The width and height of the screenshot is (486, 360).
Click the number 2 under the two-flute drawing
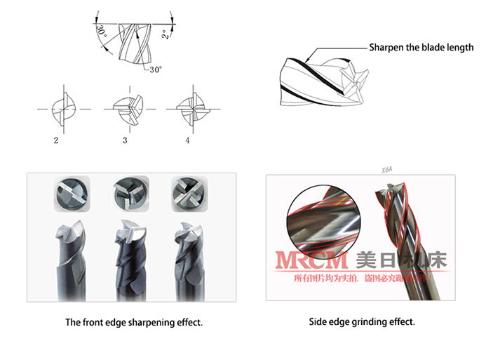(x=55, y=140)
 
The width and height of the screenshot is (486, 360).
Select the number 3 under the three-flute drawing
(x=125, y=140)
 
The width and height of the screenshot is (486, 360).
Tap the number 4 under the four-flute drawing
(x=187, y=140)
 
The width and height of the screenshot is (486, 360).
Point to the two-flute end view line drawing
(x=62, y=109)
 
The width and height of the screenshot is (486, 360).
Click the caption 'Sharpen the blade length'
(x=421, y=48)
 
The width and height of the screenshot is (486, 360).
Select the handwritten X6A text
(x=388, y=169)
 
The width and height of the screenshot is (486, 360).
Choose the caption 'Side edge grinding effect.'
(x=362, y=322)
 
